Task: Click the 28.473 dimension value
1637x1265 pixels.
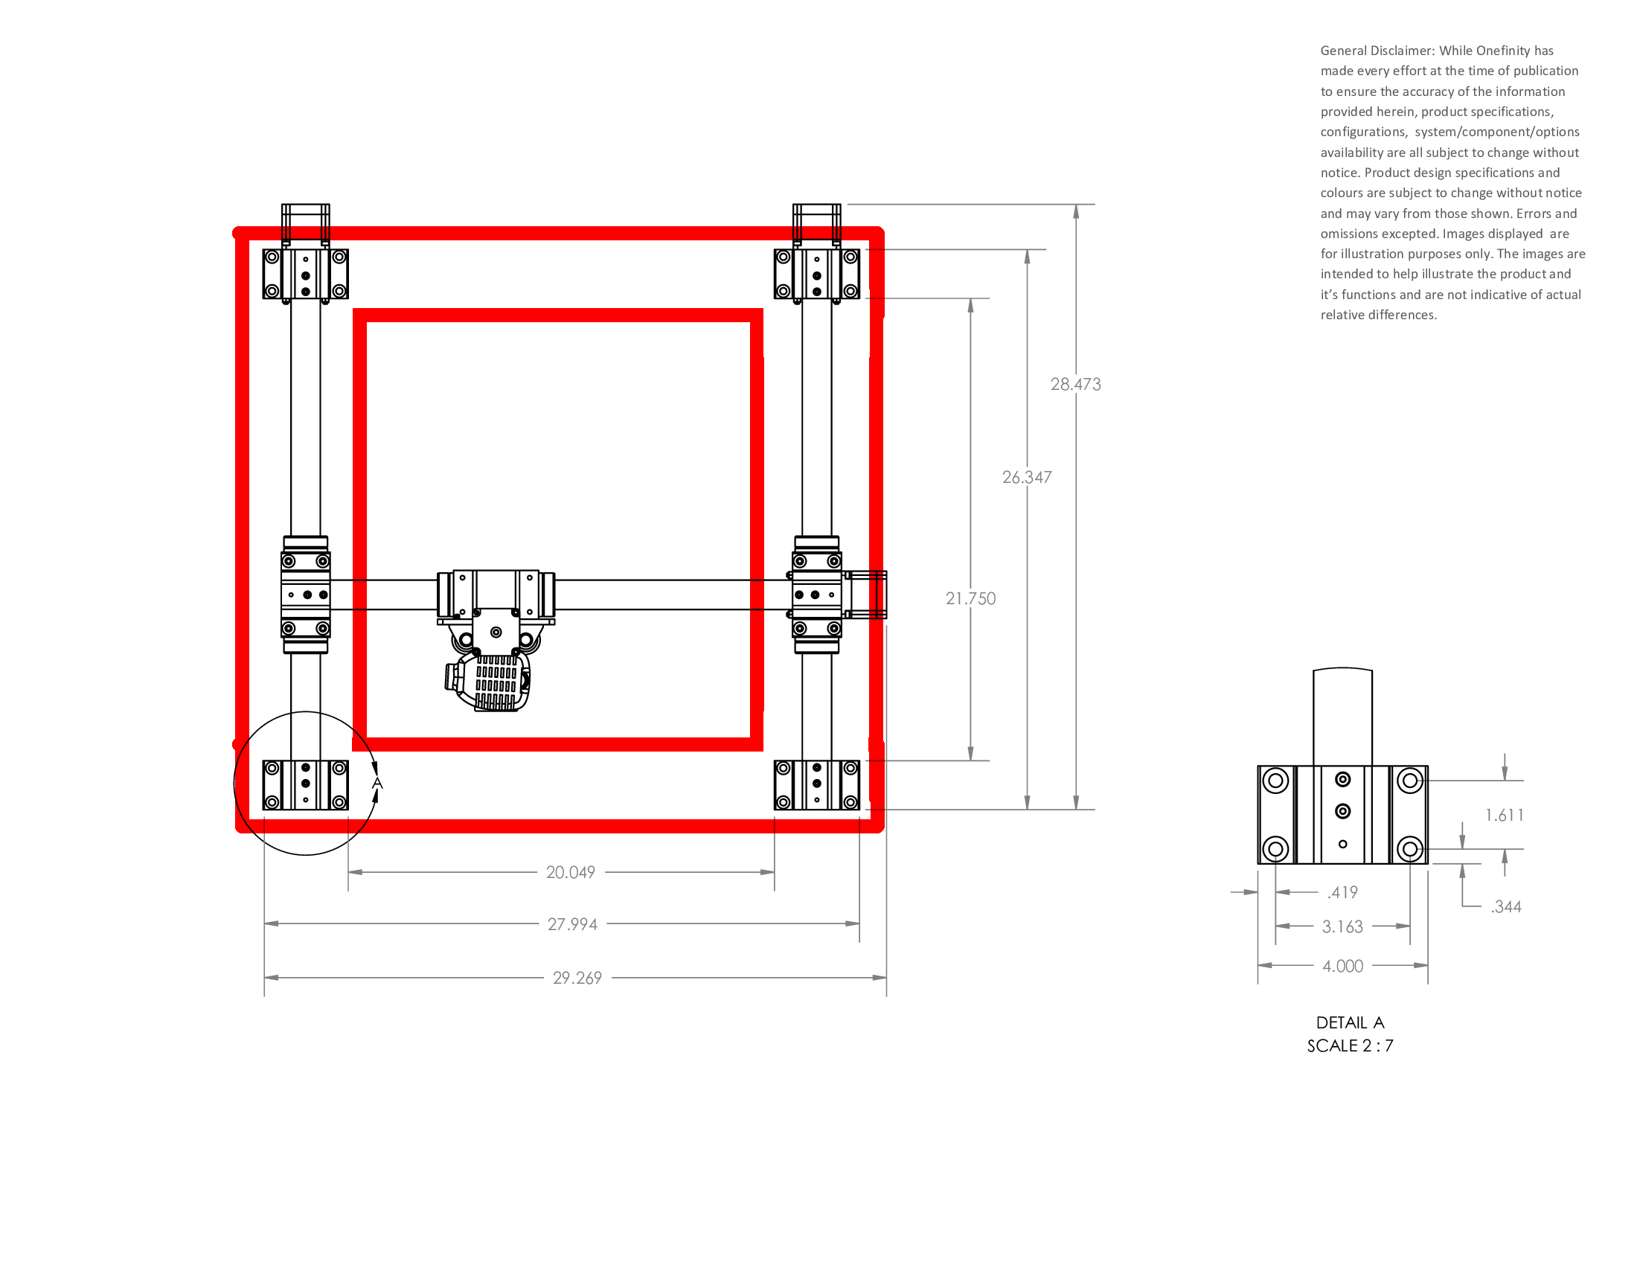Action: (1076, 385)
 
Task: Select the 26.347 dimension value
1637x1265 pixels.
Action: (1027, 478)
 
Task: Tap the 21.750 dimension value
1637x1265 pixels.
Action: (970, 599)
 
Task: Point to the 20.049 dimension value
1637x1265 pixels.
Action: (571, 872)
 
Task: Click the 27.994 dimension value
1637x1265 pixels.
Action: (573, 924)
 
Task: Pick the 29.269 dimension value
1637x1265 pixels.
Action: (577, 978)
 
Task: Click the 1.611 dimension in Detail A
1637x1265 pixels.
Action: (1505, 816)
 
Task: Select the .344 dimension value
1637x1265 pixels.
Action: (1506, 907)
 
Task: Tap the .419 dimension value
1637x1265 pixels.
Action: (1342, 892)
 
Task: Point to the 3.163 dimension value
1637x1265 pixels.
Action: (1342, 927)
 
